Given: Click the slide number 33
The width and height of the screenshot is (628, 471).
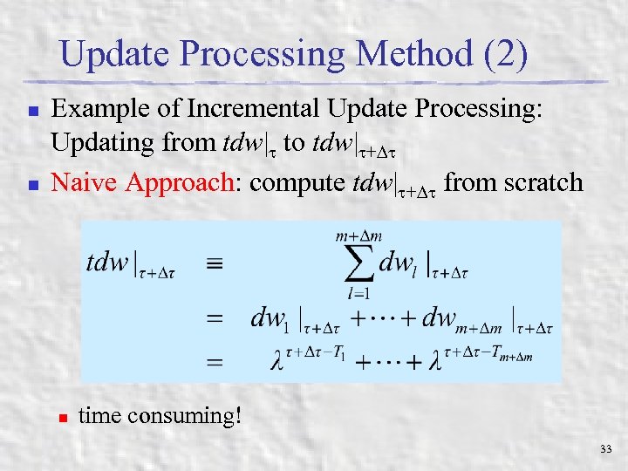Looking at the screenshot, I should [x=606, y=449].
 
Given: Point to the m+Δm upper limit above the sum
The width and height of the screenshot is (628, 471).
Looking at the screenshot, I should [x=358, y=235].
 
